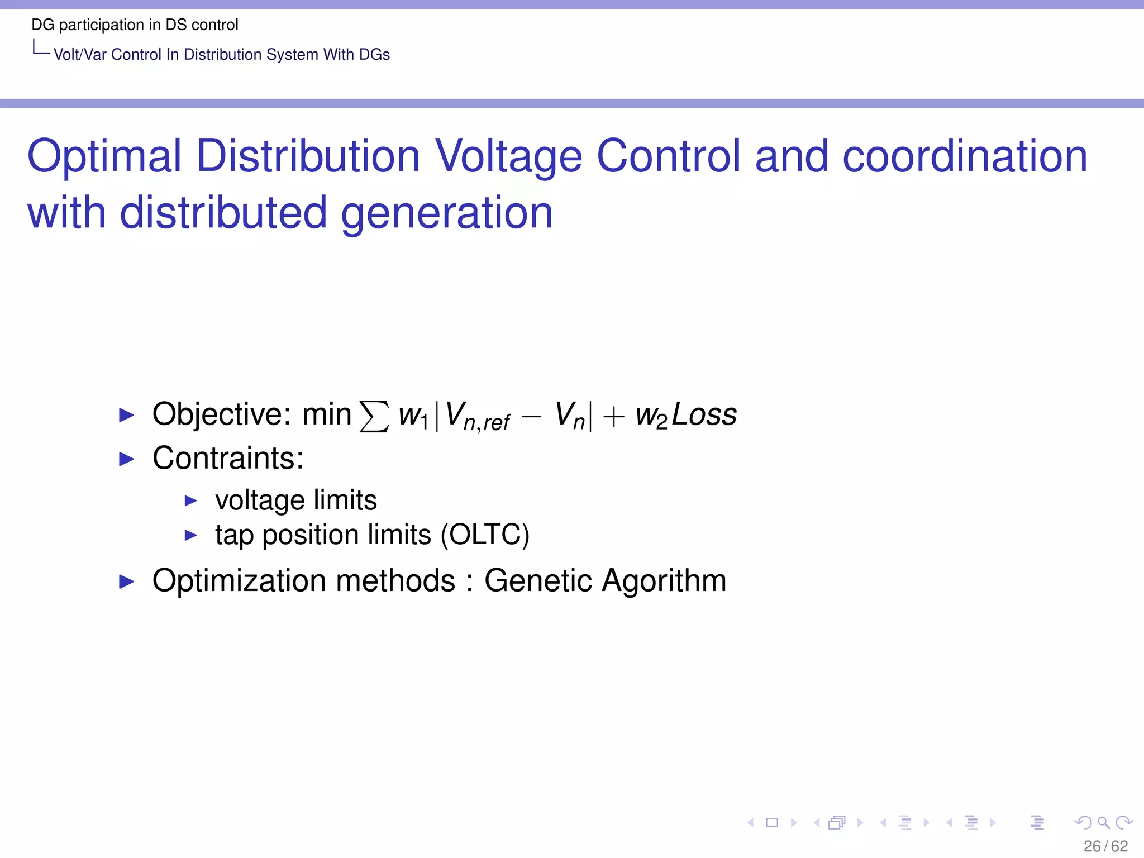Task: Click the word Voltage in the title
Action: pyautogui.click(x=508, y=156)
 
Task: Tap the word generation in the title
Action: pyautogui.click(x=446, y=213)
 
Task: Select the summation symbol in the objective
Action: pyautogui.click(x=374, y=416)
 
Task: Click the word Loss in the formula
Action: pyautogui.click(x=704, y=415)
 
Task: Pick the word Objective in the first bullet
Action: pyautogui.click(x=221, y=415)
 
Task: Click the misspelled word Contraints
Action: pyautogui.click(x=228, y=459)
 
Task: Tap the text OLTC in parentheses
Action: pyautogui.click(x=485, y=535)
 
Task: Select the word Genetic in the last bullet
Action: pyautogui.click(x=537, y=581)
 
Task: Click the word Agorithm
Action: pyautogui.click(x=664, y=581)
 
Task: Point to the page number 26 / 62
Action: pyautogui.click(x=1105, y=846)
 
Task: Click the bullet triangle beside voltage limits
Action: pyautogui.click(x=191, y=500)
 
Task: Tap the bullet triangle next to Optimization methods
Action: pyautogui.click(x=127, y=581)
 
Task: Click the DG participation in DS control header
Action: pyautogui.click(x=135, y=25)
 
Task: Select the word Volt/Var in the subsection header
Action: pyautogui.click(x=80, y=55)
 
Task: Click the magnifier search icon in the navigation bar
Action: pyautogui.click(x=1103, y=822)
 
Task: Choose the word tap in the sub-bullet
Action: pyautogui.click(x=234, y=536)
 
